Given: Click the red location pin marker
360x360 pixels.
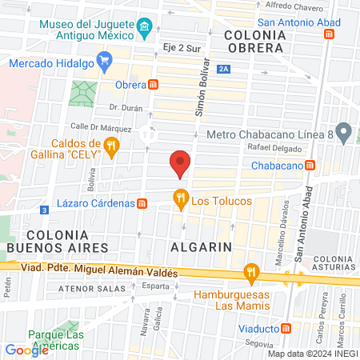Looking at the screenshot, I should click(181, 162).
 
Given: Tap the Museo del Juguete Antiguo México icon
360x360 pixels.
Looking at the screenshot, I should click(144, 30).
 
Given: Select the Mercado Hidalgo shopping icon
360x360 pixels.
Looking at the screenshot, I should click(103, 59).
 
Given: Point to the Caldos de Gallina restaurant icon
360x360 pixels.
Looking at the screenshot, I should click(111, 146).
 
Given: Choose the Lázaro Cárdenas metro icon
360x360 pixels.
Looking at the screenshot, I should click(142, 204).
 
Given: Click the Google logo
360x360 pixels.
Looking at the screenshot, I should click(26, 350).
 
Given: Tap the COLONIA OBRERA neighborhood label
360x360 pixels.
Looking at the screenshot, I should click(254, 42).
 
